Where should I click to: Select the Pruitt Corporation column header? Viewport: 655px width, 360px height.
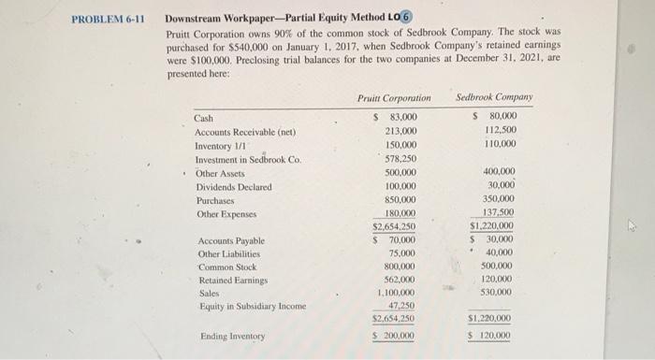(x=394, y=97)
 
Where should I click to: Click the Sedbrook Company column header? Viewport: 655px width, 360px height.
(x=494, y=97)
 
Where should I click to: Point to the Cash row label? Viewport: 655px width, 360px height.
(x=204, y=118)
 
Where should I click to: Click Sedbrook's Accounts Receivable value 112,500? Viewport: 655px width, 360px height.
(x=502, y=132)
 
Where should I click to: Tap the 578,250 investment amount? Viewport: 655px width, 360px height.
(x=400, y=160)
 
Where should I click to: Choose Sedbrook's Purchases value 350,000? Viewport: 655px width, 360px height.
(x=499, y=200)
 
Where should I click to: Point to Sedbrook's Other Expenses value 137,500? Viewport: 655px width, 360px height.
(x=499, y=214)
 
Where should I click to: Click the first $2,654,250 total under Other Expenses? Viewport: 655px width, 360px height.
(x=395, y=227)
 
